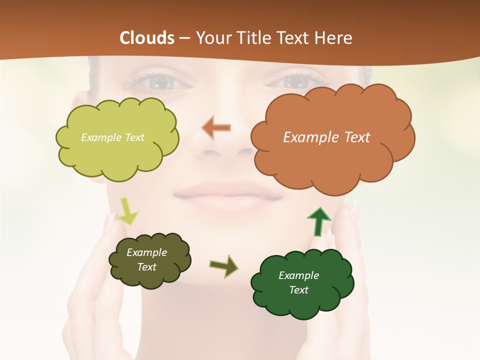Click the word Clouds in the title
point(147,38)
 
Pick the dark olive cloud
point(149,260)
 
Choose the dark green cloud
point(302,282)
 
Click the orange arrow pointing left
point(216,128)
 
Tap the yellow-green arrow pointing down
point(128,211)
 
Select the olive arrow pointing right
point(223,266)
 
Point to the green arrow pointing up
point(319,220)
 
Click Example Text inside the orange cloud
point(326,137)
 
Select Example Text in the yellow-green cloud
point(112,137)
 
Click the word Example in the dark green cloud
point(298,275)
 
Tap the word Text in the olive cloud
point(147,267)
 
